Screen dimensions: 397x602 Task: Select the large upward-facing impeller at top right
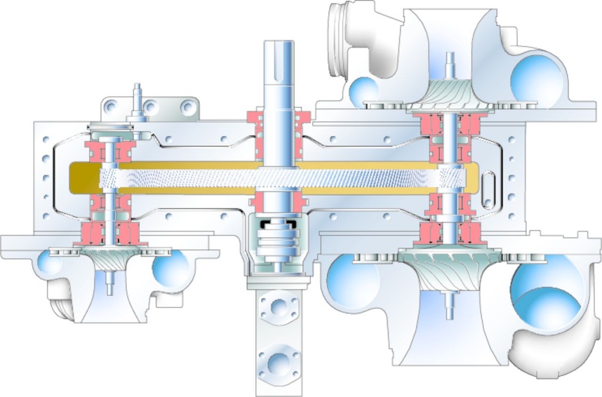click(x=450, y=94)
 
